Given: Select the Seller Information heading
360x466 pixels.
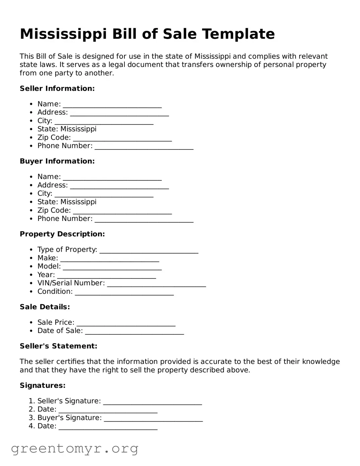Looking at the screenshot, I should [57, 89].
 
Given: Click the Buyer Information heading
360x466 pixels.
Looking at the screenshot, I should [57, 161].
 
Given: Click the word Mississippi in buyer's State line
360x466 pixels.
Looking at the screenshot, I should [78, 202].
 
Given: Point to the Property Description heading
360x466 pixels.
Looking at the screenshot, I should [62, 234].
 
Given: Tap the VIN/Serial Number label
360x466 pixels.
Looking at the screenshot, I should [71, 283].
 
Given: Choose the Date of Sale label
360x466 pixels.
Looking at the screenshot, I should [60, 331].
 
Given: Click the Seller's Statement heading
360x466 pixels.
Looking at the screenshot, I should [58, 346].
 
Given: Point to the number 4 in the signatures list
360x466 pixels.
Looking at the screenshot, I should [31, 426].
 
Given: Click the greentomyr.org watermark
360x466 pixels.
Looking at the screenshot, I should [74, 449].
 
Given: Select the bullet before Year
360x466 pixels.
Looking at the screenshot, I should [31, 275].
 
